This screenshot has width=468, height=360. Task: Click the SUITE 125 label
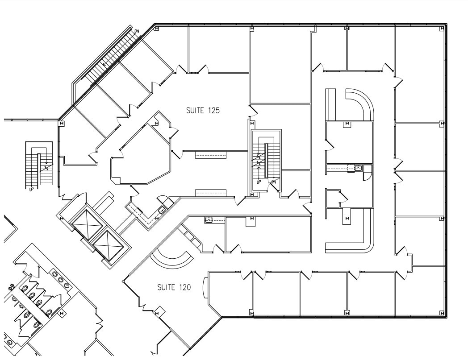pos(203,110)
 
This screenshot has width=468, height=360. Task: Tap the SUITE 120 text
pos(174,287)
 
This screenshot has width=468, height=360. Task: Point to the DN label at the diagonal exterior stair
pos(137,31)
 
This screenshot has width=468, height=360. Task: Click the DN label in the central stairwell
pos(273,182)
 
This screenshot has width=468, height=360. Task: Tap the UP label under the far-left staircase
pos(31,189)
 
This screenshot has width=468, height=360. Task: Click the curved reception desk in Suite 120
pos(171,258)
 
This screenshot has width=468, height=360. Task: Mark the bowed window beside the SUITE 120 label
pos(205,287)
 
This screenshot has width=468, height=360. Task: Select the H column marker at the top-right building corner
pos(442,29)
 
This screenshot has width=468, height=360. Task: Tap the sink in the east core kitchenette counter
pos(358,168)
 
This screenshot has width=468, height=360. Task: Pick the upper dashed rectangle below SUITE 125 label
pos(211,155)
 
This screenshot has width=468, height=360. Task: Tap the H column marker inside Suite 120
pos(157,314)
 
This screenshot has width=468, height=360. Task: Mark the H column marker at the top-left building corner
pos(156,29)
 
